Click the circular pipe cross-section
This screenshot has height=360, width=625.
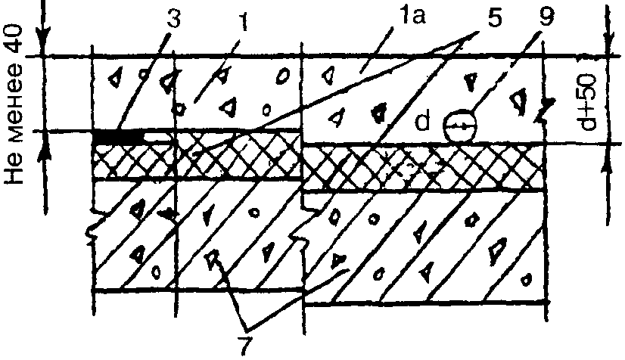(x=459, y=126)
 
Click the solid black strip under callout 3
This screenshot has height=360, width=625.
(x=118, y=138)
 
